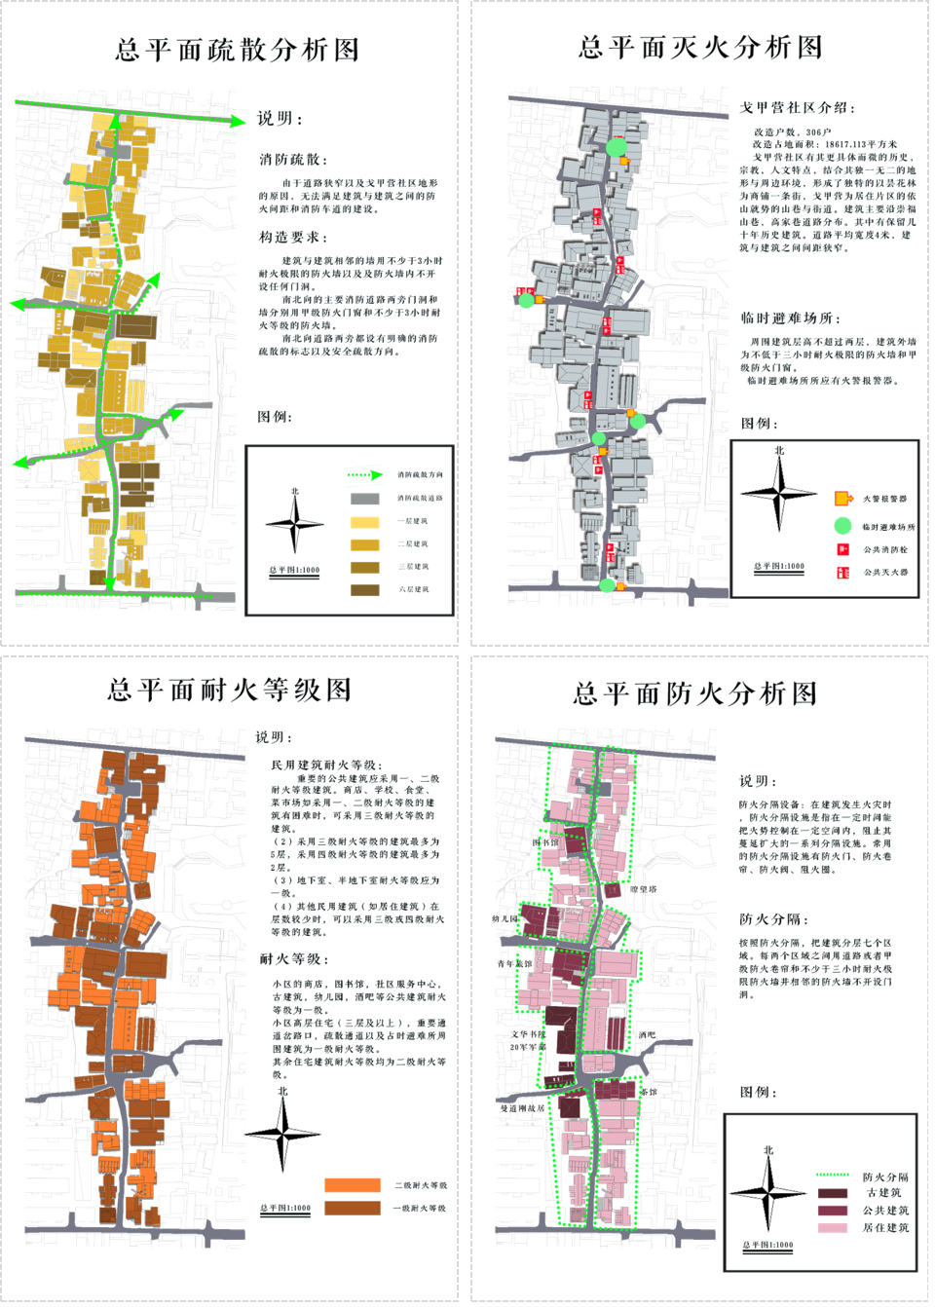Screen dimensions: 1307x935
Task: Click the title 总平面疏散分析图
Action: coord(238,50)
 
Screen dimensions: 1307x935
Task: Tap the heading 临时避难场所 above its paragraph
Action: coord(790,318)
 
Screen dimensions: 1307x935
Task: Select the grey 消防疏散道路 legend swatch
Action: coord(364,499)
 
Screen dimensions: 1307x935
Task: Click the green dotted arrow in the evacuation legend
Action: coord(365,475)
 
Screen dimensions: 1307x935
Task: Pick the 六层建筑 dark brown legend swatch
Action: coord(364,589)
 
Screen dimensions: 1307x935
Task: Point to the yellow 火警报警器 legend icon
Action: coord(843,499)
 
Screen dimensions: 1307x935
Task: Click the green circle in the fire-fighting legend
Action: coord(842,526)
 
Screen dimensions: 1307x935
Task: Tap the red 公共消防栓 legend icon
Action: coord(842,549)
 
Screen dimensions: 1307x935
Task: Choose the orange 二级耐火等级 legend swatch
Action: coord(352,1185)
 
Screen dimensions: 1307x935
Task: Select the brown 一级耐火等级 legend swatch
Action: coord(352,1208)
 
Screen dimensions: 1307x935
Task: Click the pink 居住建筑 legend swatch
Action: coord(833,1228)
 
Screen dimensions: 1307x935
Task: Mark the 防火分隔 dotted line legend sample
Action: coord(833,1176)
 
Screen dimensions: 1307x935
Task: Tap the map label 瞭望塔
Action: coord(644,889)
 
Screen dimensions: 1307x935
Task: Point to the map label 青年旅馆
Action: coord(515,964)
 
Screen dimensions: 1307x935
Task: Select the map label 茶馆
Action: coord(648,1092)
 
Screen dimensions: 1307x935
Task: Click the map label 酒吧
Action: coord(648,1035)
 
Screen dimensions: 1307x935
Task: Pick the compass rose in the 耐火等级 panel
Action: coord(282,1134)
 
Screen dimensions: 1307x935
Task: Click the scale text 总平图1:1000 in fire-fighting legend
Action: coord(779,566)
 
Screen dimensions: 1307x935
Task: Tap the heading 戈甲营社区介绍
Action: coord(798,108)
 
